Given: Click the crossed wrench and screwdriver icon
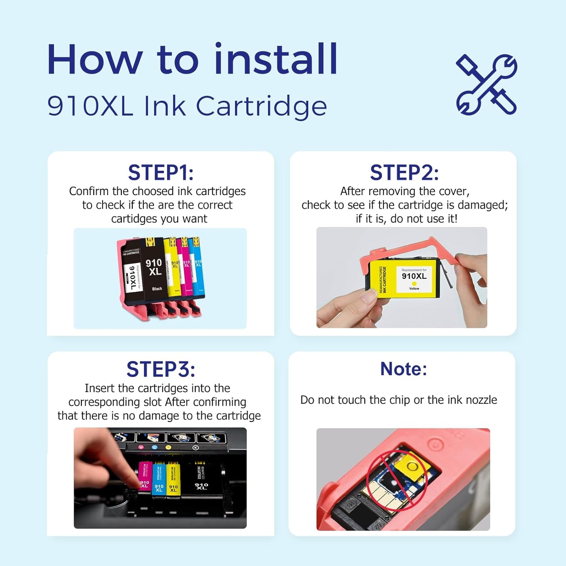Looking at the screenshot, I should pos(486,85).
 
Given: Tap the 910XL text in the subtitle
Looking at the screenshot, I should pos(90,106).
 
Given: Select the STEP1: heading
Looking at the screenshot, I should pos(161,173).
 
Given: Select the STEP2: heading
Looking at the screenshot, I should pos(404,173).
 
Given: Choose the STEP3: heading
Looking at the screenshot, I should pos(161,369).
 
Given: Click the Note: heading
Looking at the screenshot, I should pos(403,369).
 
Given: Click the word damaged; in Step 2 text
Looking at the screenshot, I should pos(483,205).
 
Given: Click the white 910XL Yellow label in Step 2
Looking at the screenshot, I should pos(414,279).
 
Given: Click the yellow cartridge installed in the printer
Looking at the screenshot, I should pos(173,481).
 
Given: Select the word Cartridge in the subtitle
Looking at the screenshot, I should pos(261,107).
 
